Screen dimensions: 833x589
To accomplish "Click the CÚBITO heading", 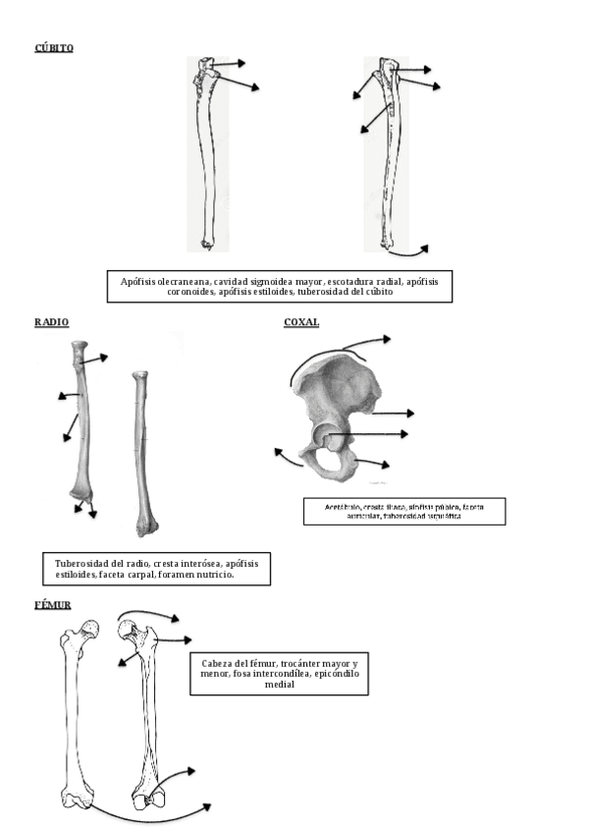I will coord(53,47).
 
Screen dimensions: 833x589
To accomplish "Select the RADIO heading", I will coord(51,322).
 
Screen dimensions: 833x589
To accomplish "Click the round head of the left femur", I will coord(91,630).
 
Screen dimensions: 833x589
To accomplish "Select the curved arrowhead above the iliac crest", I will coord(386,339).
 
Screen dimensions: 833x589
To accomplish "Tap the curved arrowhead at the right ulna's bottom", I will coord(424,247).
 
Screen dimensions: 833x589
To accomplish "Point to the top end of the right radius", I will coord(139,376).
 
